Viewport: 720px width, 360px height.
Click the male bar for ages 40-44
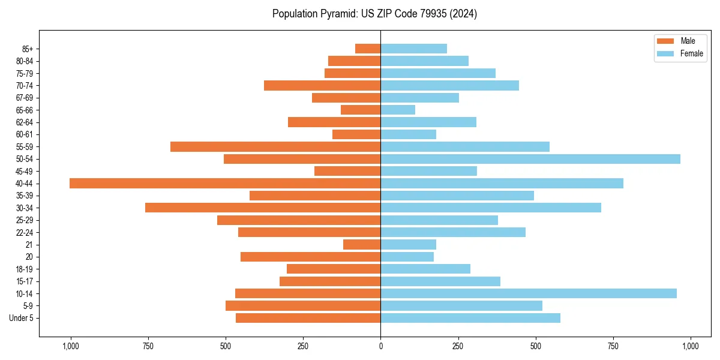[225, 184]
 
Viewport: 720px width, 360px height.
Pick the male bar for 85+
[368, 49]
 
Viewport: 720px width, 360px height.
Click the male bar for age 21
[362, 245]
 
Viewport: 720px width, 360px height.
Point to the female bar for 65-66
[398, 110]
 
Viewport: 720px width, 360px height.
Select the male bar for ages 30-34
[263, 208]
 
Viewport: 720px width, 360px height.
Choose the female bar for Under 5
[470, 318]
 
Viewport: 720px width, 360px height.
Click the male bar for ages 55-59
[275, 147]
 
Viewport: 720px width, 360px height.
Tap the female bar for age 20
[407, 257]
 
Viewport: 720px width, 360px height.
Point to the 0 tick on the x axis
[380, 346]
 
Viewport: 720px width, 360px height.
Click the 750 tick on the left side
[148, 346]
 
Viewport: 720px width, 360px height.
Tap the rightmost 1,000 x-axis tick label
[690, 346]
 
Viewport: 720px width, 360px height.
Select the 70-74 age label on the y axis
[25, 86]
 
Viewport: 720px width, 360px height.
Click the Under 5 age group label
[21, 318]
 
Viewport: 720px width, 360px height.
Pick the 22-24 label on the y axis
[25, 233]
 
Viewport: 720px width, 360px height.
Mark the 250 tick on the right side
[458, 346]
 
